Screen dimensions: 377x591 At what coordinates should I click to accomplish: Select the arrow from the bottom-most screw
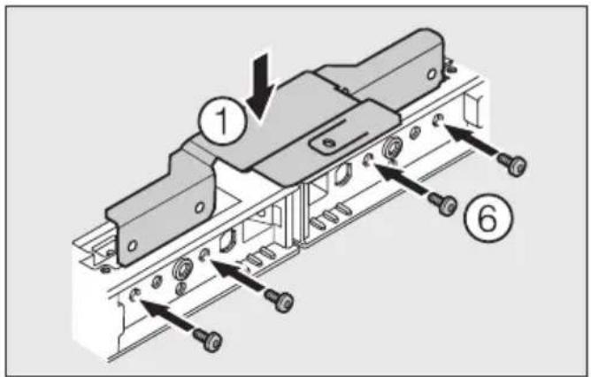tap(168, 315)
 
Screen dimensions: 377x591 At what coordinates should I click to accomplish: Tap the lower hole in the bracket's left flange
tap(132, 242)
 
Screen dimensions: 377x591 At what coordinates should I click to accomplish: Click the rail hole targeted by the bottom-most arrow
tap(134, 294)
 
